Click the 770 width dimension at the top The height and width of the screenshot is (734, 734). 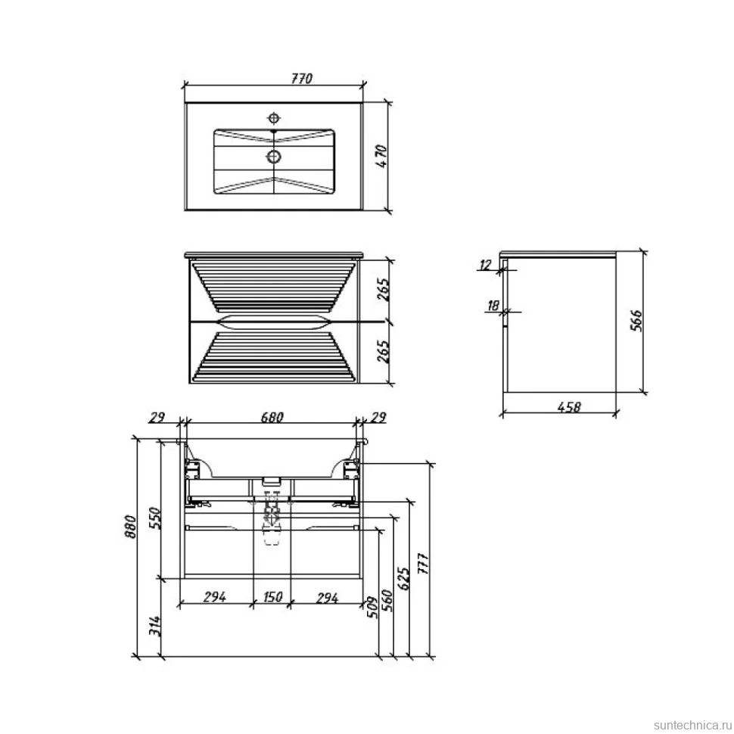tap(301, 78)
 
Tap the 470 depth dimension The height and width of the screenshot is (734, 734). tap(381, 157)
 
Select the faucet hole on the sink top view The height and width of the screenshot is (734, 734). tap(274, 117)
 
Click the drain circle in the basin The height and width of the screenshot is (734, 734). tap(273, 157)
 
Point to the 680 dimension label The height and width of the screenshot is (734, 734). tap(272, 416)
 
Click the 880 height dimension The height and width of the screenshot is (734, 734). tap(131, 526)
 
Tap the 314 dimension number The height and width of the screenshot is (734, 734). tap(155, 625)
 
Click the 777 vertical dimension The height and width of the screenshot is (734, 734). tap(423, 564)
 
